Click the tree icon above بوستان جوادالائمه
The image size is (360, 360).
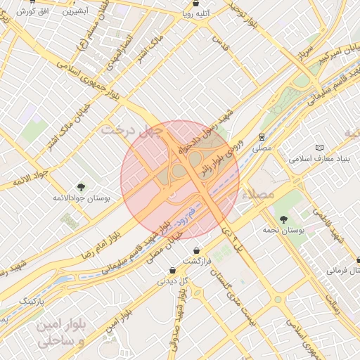pyautogui.click(x=82, y=187)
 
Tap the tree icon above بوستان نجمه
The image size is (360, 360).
pyautogui.click(x=283, y=219)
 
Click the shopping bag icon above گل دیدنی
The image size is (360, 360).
pyautogui.click(x=173, y=271)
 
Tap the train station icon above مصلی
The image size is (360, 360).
pyautogui.click(x=261, y=137)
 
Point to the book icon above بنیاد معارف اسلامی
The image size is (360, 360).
pyautogui.click(x=321, y=148)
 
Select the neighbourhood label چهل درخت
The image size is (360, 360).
pyautogui.click(x=131, y=129)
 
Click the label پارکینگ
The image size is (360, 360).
pyautogui.click(x=30, y=301)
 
